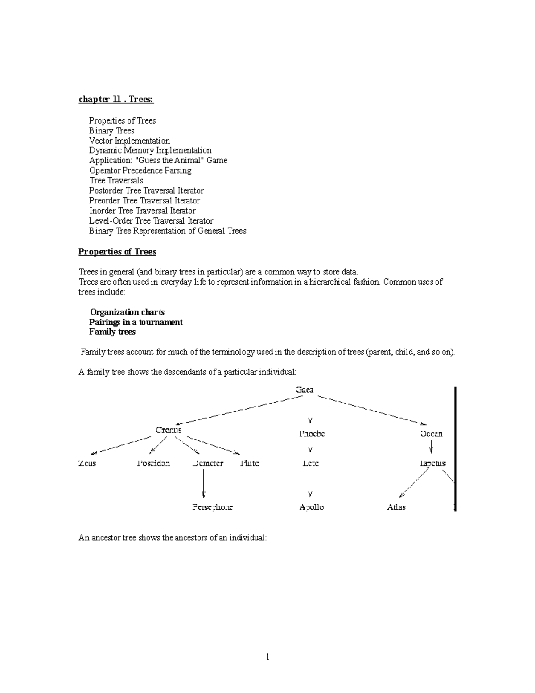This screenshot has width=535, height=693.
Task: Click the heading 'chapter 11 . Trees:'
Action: click(x=116, y=100)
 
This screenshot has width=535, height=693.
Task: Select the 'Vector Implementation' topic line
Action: click(x=129, y=141)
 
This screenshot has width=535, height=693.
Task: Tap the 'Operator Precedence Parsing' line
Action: click(x=140, y=170)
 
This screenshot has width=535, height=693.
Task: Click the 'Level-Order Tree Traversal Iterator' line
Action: click(x=151, y=221)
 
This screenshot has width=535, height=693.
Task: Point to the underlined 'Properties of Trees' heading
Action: click(x=117, y=252)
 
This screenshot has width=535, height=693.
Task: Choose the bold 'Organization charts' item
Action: click(x=127, y=312)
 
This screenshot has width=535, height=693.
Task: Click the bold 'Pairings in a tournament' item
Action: click(x=136, y=322)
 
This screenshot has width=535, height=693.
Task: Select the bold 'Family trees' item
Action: click(x=112, y=332)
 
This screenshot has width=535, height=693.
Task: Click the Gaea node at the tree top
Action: click(x=305, y=390)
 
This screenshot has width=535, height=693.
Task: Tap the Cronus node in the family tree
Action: click(x=169, y=430)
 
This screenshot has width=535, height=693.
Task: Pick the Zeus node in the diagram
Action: click(x=87, y=463)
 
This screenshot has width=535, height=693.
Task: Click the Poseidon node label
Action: click(x=153, y=463)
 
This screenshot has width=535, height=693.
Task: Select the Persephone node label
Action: click(x=212, y=507)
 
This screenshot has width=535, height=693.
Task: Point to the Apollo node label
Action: click(x=311, y=507)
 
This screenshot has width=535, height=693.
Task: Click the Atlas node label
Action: click(x=396, y=507)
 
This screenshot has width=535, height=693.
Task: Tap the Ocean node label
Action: click(x=431, y=434)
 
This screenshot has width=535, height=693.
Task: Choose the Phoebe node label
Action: click(x=312, y=434)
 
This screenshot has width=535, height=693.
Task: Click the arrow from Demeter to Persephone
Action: click(x=203, y=484)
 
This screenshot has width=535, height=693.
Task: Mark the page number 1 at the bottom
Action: click(x=267, y=656)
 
